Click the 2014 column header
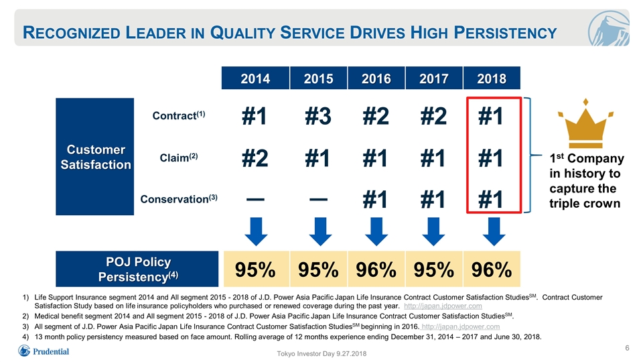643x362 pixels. (255, 78)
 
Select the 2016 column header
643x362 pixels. (376, 78)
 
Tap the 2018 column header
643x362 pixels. (492, 78)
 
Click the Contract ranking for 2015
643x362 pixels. (318, 116)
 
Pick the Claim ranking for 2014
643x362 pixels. (255, 158)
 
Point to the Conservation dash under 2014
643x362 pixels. (255, 200)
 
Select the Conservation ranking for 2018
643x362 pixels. (491, 200)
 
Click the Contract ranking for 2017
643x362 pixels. (433, 116)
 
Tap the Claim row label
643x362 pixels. (178, 158)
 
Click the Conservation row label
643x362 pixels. (178, 198)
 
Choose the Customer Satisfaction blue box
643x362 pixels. (94, 156)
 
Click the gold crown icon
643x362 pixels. (585, 123)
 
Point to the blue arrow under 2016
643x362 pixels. (376, 231)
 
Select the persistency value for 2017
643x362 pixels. (434, 269)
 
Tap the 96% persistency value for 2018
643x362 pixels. (492, 269)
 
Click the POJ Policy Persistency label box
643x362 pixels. (137, 269)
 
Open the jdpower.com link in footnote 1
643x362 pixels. (443, 306)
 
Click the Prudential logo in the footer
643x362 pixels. (44, 351)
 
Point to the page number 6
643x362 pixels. (627, 348)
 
